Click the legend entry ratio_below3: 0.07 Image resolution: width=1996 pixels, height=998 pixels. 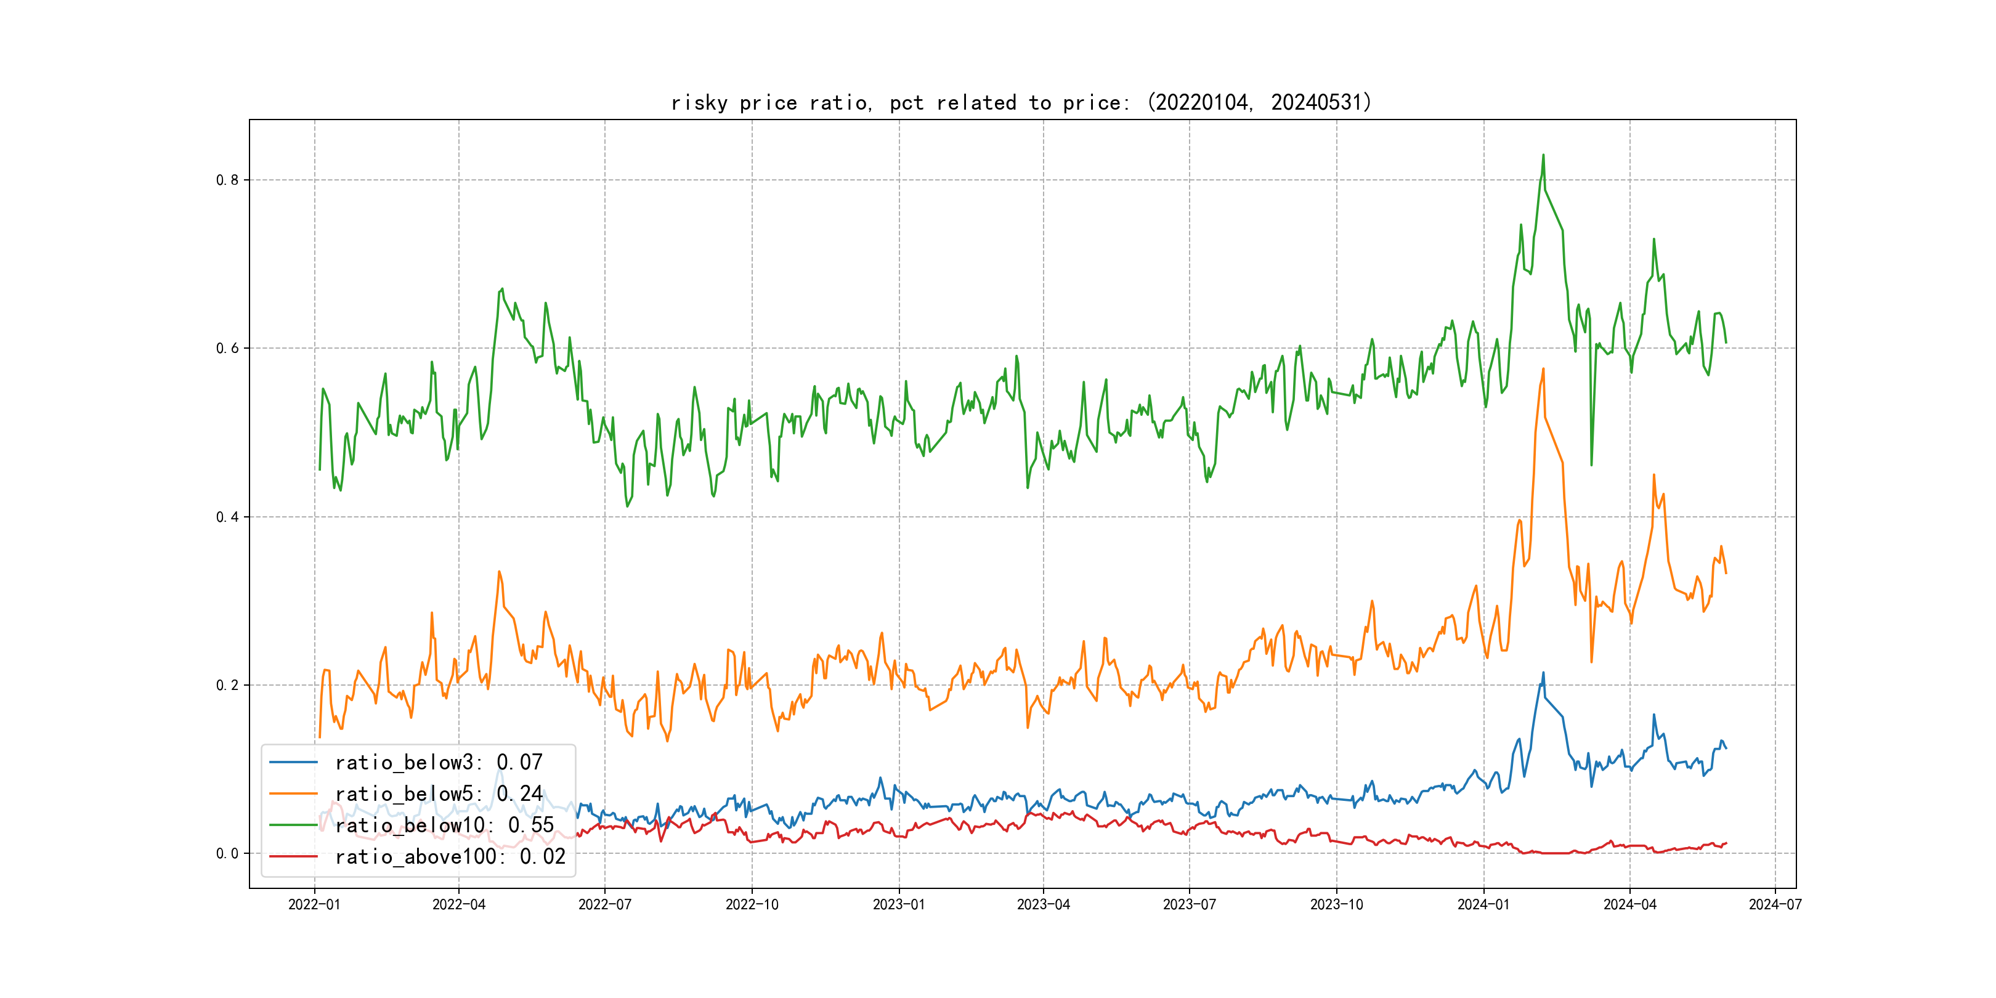pyautogui.click(x=439, y=763)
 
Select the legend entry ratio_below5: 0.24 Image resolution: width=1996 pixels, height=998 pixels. pyautogui.click(x=439, y=794)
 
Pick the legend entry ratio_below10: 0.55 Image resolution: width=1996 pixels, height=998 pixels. pyautogui.click(x=444, y=826)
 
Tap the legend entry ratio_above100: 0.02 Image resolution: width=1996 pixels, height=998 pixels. pyautogui.click(x=450, y=857)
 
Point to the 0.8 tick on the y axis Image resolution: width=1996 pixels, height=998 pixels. pyautogui.click(x=227, y=180)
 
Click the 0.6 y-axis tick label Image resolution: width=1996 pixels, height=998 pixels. pyautogui.click(x=227, y=348)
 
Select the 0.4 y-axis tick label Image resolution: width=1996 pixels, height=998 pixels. pyautogui.click(x=227, y=517)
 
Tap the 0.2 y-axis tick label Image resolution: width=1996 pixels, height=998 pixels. pyautogui.click(x=227, y=685)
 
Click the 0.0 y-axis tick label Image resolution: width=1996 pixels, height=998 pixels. pyautogui.click(x=227, y=853)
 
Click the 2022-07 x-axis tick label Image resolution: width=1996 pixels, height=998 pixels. pyautogui.click(x=604, y=904)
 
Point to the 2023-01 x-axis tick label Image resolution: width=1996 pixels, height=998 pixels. pyautogui.click(x=899, y=904)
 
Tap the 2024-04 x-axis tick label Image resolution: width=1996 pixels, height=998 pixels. pyautogui.click(x=1629, y=904)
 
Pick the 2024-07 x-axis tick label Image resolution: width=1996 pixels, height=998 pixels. pyautogui.click(x=1775, y=904)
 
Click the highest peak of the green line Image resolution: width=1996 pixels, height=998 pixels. pyautogui.click(x=1543, y=155)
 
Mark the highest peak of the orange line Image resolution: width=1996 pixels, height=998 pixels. pyautogui.click(x=1543, y=369)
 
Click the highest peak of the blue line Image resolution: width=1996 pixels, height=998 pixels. pyautogui.click(x=1543, y=673)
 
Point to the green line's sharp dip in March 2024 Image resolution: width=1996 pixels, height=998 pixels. pyautogui.click(x=1591, y=465)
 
